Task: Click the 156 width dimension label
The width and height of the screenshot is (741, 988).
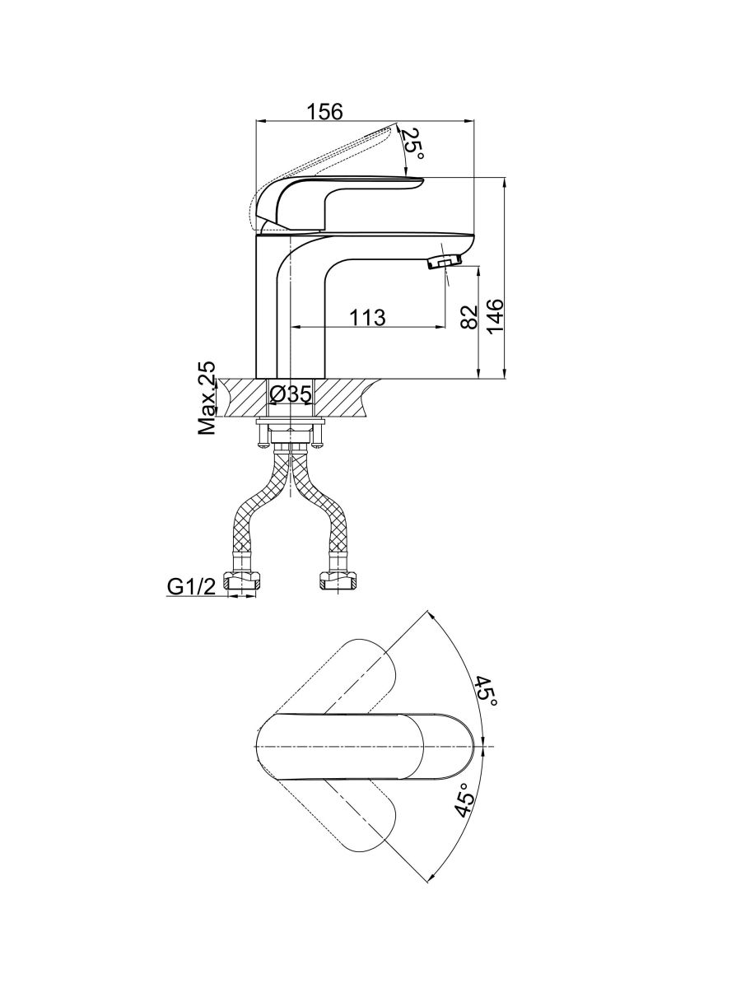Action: coord(324,111)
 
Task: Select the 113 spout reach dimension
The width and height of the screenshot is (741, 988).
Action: coord(367,317)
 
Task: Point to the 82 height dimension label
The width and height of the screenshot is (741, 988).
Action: coord(469,317)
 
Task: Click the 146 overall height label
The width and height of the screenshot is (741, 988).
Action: coord(495,315)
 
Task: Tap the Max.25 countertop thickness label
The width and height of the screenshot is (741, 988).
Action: coord(207,398)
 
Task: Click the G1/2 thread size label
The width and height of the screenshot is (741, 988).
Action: coord(192,586)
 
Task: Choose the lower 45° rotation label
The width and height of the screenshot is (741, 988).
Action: coord(464,799)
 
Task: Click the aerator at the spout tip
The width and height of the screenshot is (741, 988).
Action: coord(444,261)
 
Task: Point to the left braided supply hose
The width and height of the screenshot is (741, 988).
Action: coord(256,504)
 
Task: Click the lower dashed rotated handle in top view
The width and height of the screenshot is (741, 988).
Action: coord(341,820)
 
